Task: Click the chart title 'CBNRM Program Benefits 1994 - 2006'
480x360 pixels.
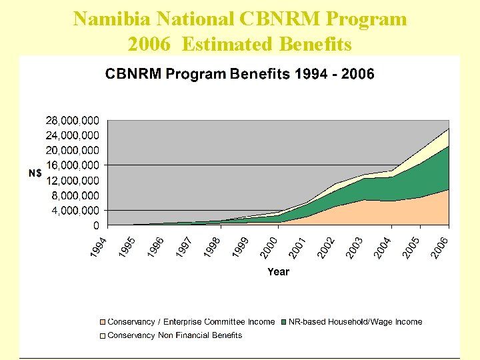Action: [239, 73]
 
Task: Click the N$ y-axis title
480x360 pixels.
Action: [35, 173]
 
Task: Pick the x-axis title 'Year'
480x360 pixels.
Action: [278, 271]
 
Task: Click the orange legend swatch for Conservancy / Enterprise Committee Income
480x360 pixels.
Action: [102, 322]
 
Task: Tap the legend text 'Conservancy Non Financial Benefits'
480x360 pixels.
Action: [175, 335]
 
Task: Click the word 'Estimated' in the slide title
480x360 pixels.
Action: [223, 44]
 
